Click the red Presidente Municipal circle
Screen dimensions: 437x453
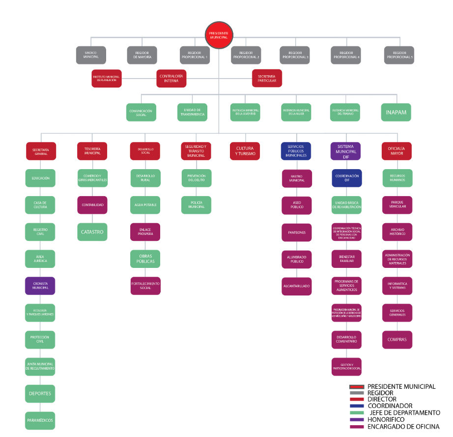(x=219, y=35)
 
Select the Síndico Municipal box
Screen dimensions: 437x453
(x=91, y=55)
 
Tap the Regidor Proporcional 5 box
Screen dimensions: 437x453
(x=399, y=55)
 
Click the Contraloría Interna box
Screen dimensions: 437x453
(x=171, y=78)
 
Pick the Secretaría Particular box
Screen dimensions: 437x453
(x=267, y=78)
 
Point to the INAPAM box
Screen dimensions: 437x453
(x=396, y=112)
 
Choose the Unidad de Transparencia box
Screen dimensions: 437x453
(x=192, y=112)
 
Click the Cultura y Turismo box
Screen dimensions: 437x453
(x=245, y=150)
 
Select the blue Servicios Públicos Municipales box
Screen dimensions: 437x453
(x=296, y=150)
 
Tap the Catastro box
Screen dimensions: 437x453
(x=92, y=232)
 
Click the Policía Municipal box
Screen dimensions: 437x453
(x=197, y=204)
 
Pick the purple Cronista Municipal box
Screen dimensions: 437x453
(x=40, y=286)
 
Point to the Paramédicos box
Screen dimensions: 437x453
(x=40, y=420)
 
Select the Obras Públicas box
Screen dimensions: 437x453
(x=145, y=259)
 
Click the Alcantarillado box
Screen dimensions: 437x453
(x=296, y=286)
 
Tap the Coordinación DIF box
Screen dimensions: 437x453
(x=347, y=177)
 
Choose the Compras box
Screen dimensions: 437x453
(x=397, y=339)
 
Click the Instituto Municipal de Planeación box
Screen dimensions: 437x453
(x=106, y=78)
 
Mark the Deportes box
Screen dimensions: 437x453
(x=40, y=393)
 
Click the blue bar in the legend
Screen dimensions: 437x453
(x=357, y=406)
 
